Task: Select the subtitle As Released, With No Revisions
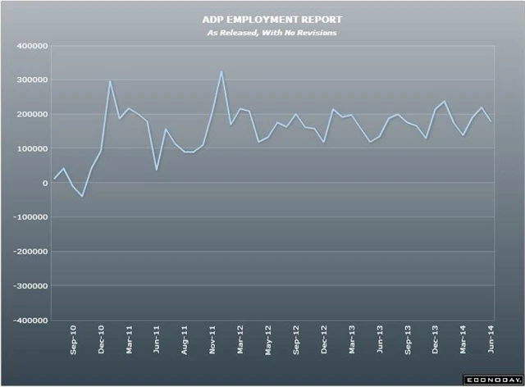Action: (262, 33)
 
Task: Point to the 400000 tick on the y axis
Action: (30, 46)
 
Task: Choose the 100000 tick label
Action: (30, 149)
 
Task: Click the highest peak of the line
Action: (221, 71)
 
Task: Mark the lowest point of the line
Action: (82, 197)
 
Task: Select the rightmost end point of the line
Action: (491, 121)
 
